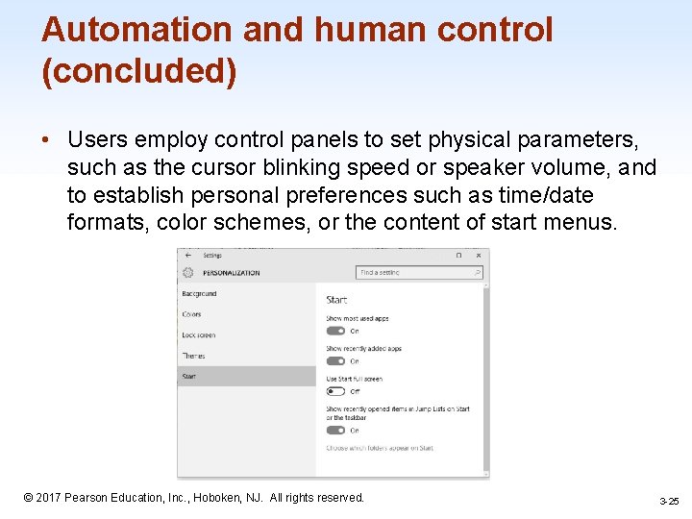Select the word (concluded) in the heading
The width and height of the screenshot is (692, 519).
pyautogui.click(x=138, y=73)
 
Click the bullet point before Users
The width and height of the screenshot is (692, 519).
pyautogui.click(x=46, y=140)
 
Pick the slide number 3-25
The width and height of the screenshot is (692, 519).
pyautogui.click(x=669, y=502)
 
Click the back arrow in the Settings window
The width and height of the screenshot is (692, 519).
pyautogui.click(x=187, y=256)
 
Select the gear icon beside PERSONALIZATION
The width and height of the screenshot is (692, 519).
pyautogui.click(x=187, y=272)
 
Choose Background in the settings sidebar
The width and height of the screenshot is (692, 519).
pyautogui.click(x=199, y=293)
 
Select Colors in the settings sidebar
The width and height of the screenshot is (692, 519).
pyautogui.click(x=191, y=314)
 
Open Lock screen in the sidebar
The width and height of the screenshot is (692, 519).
pyautogui.click(x=198, y=335)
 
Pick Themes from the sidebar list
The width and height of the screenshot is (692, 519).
pyautogui.click(x=193, y=356)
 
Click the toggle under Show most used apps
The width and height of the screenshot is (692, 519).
pyautogui.click(x=334, y=331)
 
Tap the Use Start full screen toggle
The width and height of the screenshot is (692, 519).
pyautogui.click(x=334, y=391)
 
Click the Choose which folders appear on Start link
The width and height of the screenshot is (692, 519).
pyautogui.click(x=379, y=448)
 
